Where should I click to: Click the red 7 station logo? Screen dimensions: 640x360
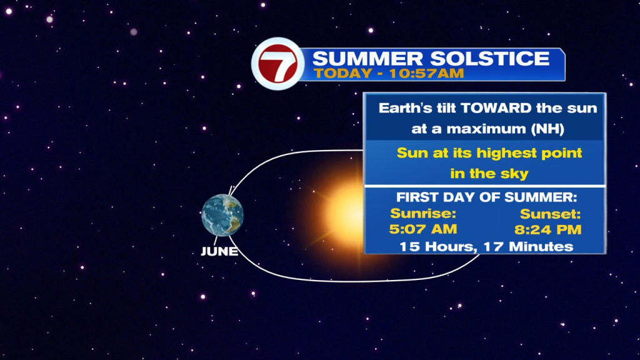click(278, 64)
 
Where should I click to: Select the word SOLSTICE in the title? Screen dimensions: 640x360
click(490, 58)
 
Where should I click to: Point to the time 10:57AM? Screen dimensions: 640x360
click(426, 74)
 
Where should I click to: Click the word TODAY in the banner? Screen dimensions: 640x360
click(343, 74)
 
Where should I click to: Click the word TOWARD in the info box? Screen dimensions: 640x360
click(496, 108)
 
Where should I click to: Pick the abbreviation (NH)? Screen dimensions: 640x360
click(547, 129)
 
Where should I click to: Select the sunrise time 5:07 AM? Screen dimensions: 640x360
click(423, 229)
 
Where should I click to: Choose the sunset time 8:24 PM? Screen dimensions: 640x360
click(547, 229)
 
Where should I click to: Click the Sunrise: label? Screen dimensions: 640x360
click(423, 214)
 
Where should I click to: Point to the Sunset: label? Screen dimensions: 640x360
click(550, 214)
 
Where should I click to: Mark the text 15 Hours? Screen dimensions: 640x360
click(437, 246)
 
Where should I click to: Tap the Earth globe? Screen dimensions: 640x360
click(222, 216)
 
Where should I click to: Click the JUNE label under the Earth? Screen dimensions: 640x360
click(219, 251)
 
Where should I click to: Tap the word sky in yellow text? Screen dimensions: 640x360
click(515, 174)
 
